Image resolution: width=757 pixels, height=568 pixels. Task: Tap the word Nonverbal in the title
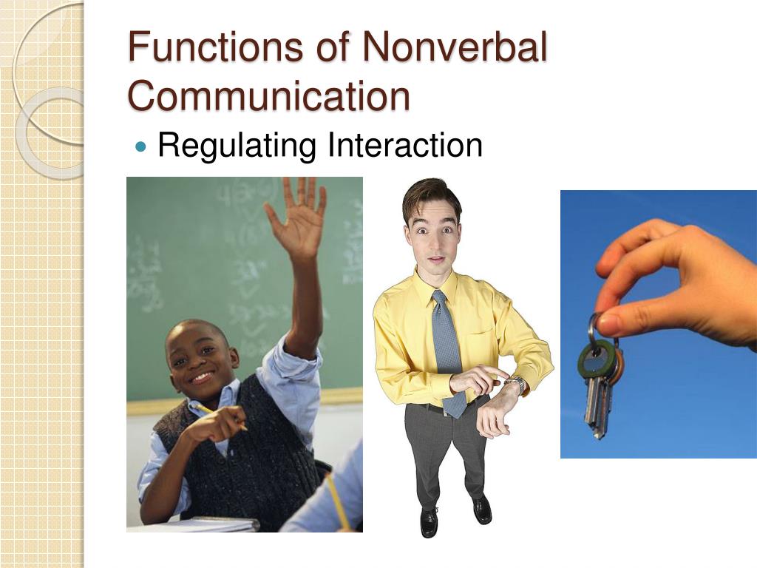(454, 48)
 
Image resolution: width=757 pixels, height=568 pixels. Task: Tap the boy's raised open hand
(298, 218)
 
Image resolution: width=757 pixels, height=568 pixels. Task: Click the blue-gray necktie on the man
(447, 348)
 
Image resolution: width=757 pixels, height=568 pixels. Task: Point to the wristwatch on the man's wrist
(517, 384)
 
